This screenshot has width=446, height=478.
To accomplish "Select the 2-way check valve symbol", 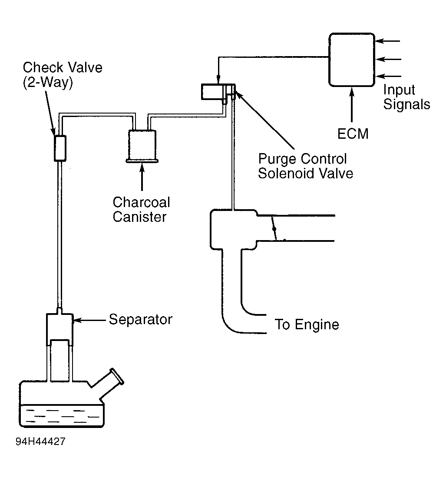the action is (60, 148).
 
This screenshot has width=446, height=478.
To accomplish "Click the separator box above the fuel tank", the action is (59, 330).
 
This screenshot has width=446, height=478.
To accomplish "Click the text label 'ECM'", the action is (353, 134).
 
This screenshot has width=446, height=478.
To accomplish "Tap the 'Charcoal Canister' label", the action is (141, 210).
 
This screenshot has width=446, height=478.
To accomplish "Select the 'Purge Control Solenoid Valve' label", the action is (305, 166).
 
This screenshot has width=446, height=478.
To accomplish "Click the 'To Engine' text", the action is (307, 324).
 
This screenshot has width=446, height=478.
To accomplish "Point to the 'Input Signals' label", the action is (406, 97).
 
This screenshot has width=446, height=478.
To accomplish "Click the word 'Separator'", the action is (141, 320).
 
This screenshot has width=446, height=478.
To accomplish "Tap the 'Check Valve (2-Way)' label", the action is (63, 75).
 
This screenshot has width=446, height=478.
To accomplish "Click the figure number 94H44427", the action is (40, 441).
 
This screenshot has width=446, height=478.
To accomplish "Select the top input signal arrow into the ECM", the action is (387, 41).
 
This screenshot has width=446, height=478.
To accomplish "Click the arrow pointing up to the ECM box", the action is (352, 104).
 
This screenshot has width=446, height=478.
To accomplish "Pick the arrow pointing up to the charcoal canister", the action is (142, 177).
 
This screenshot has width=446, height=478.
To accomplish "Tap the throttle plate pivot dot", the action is (274, 229).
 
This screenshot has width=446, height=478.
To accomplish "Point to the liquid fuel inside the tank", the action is (62, 415).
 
